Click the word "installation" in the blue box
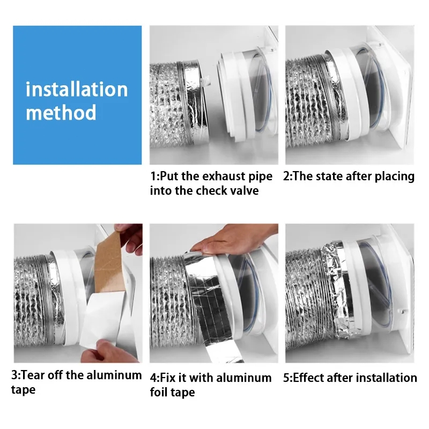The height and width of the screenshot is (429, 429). pyautogui.click(x=77, y=90)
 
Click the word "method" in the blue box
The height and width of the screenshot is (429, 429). pyautogui.click(x=61, y=112)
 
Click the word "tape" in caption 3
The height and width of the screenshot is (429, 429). pyautogui.click(x=23, y=390)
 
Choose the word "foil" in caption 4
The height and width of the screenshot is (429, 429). pyautogui.click(x=158, y=392)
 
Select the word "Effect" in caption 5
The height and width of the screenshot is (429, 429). pyautogui.click(x=308, y=378)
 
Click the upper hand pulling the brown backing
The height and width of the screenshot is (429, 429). pyautogui.click(x=129, y=239)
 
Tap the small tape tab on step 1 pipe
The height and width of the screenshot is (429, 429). pyautogui.click(x=206, y=79)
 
